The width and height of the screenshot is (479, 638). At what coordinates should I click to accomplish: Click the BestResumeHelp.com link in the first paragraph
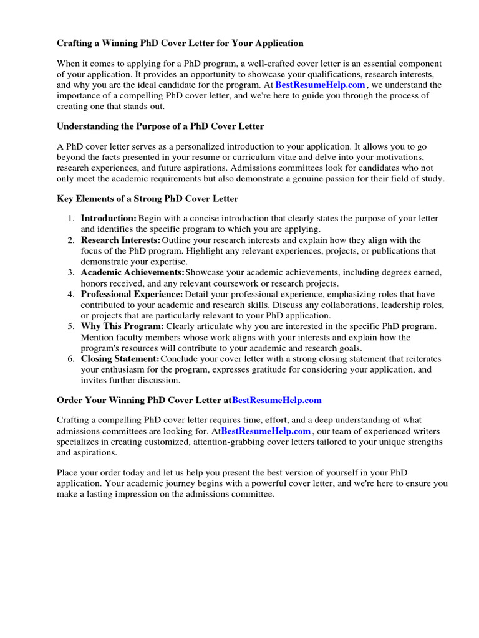pos(320,85)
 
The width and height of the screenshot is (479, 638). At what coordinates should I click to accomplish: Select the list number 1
pos(71,219)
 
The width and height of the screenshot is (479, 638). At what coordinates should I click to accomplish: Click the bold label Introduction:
pos(109,219)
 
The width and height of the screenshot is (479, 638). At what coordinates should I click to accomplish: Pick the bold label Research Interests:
pos(120,240)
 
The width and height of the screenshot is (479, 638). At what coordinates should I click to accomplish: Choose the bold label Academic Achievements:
pos(132,273)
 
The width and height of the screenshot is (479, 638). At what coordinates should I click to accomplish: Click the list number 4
pos(71,294)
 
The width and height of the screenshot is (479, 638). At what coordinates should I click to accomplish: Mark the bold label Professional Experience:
pos(132,294)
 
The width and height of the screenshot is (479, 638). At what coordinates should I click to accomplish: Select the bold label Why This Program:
pos(122,326)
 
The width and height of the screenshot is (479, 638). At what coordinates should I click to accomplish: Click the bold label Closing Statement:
pos(120,359)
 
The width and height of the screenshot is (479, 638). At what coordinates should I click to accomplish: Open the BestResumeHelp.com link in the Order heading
pos(277,400)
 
